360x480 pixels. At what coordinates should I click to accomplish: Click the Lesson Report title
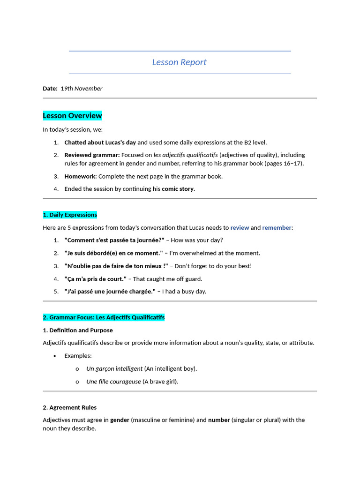click(179, 62)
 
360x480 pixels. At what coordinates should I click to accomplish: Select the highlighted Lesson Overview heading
click(72, 116)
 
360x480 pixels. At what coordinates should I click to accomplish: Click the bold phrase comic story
click(178, 189)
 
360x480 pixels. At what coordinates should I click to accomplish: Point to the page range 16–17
click(292, 164)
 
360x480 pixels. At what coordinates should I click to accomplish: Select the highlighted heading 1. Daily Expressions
click(70, 215)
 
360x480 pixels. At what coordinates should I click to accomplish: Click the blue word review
click(240, 228)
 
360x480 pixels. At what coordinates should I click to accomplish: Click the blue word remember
click(277, 228)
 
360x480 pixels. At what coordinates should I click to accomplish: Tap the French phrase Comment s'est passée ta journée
click(114, 240)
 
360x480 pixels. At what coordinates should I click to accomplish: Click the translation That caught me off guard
click(168, 279)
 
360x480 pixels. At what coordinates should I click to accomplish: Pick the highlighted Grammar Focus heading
click(104, 318)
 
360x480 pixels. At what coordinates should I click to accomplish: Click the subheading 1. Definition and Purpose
click(78, 330)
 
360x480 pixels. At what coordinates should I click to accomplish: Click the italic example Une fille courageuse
click(113, 382)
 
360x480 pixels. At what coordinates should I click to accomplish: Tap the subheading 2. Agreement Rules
click(69, 408)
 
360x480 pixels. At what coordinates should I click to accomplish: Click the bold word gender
click(120, 420)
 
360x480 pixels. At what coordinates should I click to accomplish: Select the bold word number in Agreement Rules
click(219, 420)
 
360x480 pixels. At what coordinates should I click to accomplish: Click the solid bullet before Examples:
click(55, 356)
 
